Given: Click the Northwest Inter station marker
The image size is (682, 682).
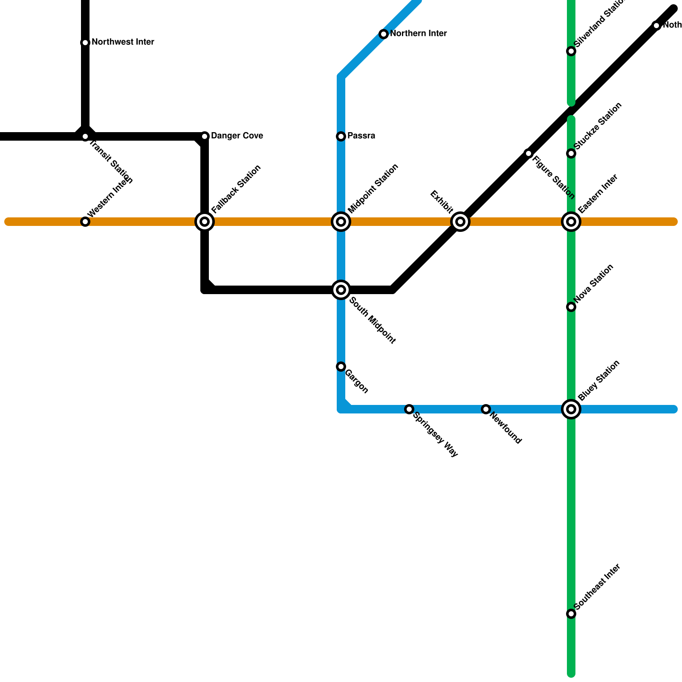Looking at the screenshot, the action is (x=85, y=43).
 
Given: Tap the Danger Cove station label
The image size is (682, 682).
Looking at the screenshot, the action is (x=237, y=136).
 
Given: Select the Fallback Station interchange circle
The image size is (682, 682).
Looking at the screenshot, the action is (x=205, y=222).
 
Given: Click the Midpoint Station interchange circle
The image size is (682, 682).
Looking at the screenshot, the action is (x=341, y=222).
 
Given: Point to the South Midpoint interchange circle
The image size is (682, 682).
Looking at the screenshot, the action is (x=341, y=290).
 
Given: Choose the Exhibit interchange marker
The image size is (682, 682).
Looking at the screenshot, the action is (x=460, y=222).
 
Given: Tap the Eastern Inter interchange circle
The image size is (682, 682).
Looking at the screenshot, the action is (x=571, y=222).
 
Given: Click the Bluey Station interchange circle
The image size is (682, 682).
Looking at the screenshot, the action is (x=571, y=409).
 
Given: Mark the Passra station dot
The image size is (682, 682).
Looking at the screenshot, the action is (x=341, y=136).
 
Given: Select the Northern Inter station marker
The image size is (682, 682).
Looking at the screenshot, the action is (x=384, y=34).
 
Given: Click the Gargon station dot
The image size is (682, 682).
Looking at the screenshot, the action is (x=341, y=367).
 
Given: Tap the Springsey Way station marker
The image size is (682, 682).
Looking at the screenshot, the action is (x=409, y=409).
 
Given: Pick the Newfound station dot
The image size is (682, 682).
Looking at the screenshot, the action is (x=486, y=409).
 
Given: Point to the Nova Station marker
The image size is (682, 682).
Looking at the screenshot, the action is (x=571, y=307).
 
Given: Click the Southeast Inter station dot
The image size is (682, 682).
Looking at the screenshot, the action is (x=571, y=614).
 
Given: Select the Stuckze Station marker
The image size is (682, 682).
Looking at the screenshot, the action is (x=571, y=153).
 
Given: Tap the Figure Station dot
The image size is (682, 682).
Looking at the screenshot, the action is (x=529, y=153).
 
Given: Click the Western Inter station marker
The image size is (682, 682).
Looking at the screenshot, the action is (x=85, y=222).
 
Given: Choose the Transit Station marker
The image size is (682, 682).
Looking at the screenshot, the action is (x=85, y=136).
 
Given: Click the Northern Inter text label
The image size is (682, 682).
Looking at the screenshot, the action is (x=418, y=34).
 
